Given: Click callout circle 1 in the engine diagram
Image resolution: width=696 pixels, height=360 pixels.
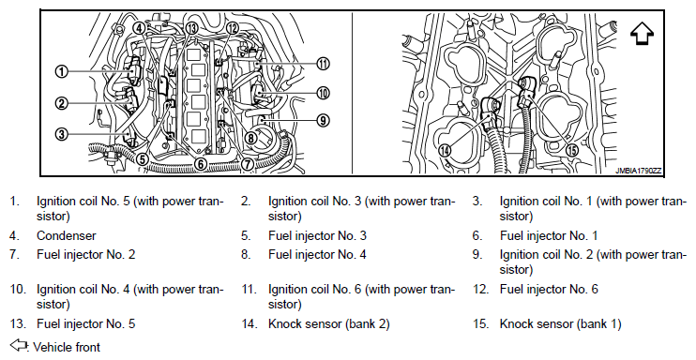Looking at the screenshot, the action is click(62, 71).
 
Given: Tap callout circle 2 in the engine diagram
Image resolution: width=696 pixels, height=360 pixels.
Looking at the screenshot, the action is click(62, 104).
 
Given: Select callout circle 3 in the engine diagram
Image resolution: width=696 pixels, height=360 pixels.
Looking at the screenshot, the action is click(62, 133).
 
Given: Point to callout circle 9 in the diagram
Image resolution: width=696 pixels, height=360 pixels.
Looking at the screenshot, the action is click(323, 120).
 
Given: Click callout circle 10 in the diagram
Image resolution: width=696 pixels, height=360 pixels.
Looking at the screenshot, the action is click(323, 93).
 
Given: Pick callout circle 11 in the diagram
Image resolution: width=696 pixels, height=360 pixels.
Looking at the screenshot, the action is click(323, 64).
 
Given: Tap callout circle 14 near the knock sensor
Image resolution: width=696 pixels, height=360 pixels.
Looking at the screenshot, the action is click(445, 150).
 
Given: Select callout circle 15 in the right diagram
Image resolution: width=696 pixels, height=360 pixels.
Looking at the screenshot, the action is click(572, 150).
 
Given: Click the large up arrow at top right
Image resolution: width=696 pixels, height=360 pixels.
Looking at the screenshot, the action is click(642, 33).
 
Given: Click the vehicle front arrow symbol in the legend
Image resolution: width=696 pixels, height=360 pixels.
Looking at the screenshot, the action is click(18, 345).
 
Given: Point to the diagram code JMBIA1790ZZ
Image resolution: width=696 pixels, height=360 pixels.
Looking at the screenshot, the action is click(638, 171).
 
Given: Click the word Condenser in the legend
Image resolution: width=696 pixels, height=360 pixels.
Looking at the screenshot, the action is click(67, 235).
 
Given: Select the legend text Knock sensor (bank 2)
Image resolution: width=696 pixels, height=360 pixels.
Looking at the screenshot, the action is click(329, 324).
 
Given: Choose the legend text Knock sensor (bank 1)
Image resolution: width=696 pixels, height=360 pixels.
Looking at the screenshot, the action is click(560, 324).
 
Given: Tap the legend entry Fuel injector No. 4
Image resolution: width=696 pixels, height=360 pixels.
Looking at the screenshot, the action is click(317, 255).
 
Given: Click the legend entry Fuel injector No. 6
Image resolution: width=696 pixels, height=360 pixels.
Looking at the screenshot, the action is click(549, 290).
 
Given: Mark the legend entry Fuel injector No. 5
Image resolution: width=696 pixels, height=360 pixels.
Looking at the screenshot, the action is click(85, 324).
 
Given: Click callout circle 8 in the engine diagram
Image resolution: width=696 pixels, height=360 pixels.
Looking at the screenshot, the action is click(250, 138).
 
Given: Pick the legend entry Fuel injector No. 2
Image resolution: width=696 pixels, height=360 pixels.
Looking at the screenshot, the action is click(85, 255).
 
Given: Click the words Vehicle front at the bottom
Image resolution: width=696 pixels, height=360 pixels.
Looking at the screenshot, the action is click(67, 347).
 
